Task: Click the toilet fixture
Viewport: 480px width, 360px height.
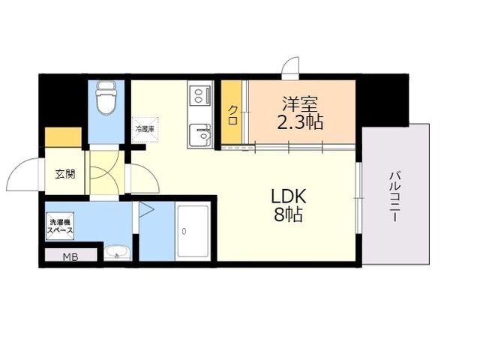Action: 106,97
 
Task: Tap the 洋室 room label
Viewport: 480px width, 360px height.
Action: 300,104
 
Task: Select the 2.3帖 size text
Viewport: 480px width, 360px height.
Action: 300,122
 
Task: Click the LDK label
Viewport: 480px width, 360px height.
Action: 289,197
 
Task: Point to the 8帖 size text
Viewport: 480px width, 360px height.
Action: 288,214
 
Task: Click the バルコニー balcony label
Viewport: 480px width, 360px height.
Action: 394,196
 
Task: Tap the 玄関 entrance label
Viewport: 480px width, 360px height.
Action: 65,175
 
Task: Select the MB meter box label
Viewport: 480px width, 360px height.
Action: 70,257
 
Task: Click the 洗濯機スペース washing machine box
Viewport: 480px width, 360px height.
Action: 60,226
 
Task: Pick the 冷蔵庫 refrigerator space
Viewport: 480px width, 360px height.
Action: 145,130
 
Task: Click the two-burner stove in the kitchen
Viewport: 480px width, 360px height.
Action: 201,95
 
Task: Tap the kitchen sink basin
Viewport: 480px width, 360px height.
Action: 200,135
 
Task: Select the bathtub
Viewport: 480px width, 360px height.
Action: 193,232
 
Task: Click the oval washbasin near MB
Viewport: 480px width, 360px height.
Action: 117,252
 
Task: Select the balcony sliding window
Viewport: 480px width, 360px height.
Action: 358,198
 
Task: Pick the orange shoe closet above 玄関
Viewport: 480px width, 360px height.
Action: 63,136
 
